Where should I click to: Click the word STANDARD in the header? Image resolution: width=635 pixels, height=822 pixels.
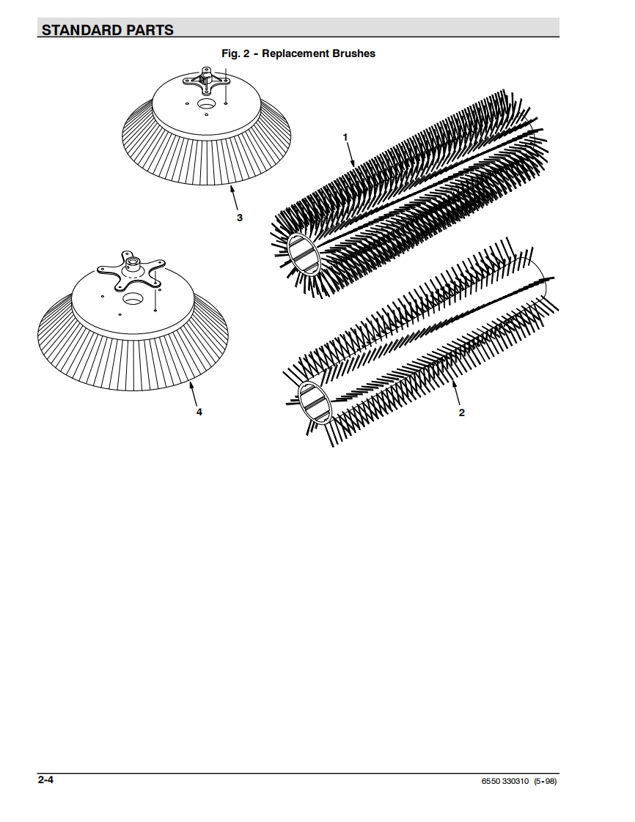pos(82,31)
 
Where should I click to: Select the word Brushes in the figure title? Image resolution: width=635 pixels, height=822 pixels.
pos(353,53)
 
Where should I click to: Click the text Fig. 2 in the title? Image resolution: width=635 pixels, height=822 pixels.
pos(235,53)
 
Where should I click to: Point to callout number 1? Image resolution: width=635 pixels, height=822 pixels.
pos(345,137)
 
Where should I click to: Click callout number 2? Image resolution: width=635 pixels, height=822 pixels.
pos(462,412)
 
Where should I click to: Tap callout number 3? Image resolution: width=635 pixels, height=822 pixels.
pos(240,218)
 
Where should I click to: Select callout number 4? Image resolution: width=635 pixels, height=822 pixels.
pos(199,412)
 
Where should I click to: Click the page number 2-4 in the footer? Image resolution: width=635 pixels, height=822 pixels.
pos(45,780)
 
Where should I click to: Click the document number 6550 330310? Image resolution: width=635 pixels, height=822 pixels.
pos(505,781)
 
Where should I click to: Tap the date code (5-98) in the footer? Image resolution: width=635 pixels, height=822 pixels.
pos(546,781)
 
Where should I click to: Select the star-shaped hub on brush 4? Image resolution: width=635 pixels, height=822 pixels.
pos(131,267)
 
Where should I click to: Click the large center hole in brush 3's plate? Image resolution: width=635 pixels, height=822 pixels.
pos(206,104)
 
